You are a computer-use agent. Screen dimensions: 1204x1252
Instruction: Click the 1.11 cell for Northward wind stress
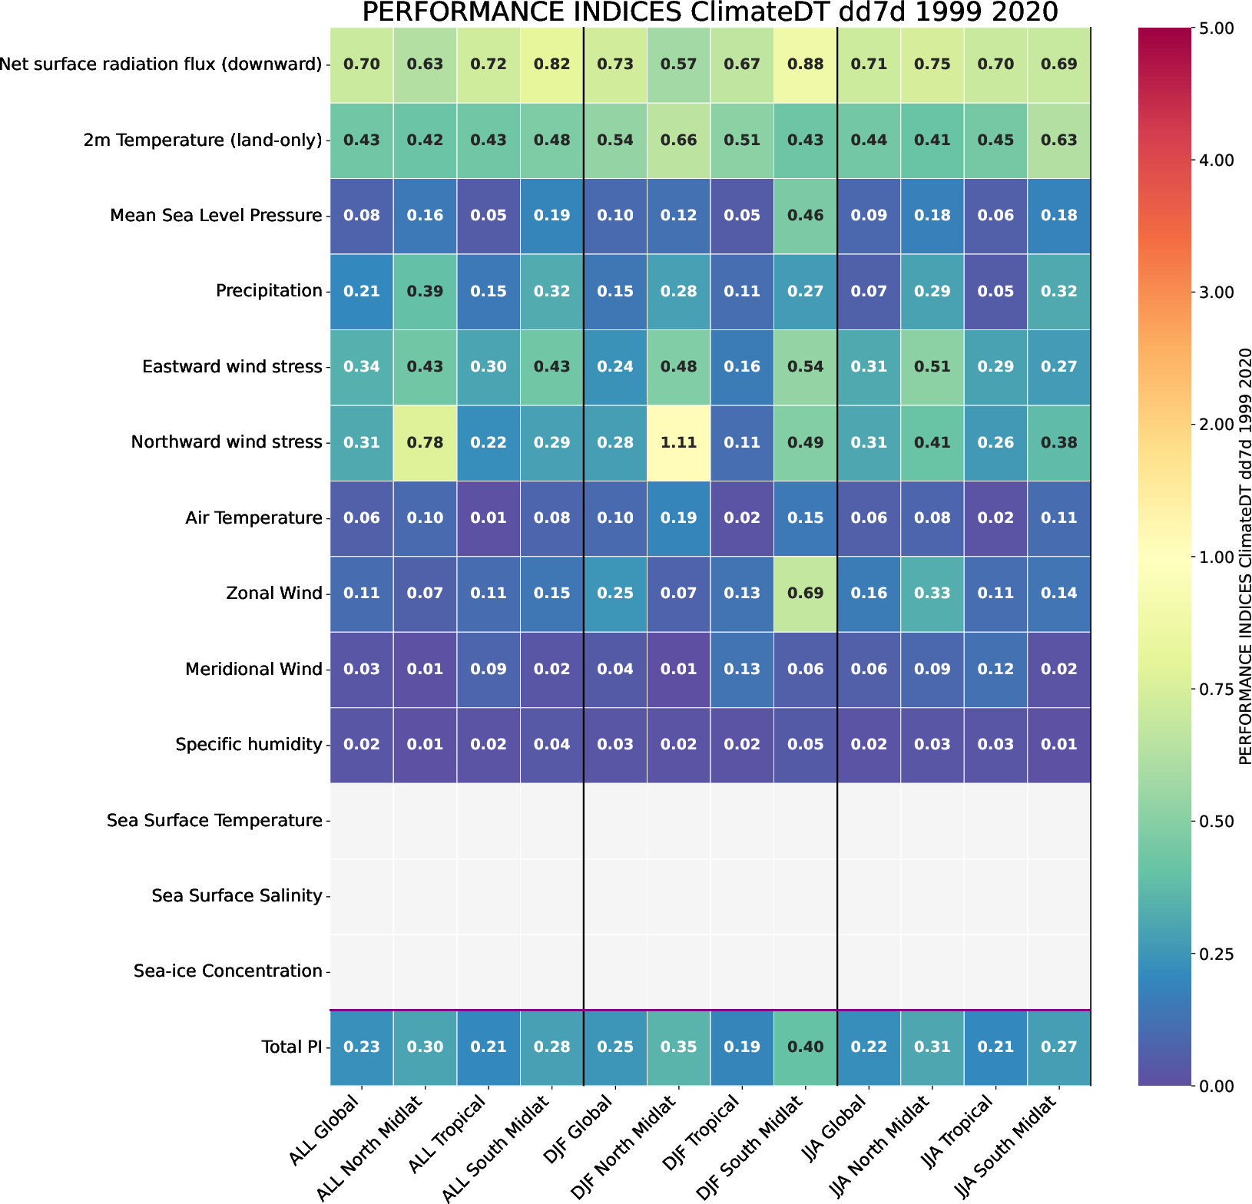[x=678, y=442]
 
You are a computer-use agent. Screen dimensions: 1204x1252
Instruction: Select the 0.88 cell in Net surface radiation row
[x=805, y=64]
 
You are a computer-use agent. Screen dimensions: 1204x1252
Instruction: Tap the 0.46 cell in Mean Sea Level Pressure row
[x=805, y=215]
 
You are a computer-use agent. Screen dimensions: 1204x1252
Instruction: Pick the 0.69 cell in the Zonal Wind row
[x=805, y=594]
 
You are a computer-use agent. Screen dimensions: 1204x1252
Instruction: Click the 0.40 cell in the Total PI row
[x=805, y=1047]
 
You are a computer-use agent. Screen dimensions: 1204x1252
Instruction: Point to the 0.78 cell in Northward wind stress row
[x=425, y=442]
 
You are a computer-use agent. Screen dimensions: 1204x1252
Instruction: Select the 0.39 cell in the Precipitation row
[x=425, y=291]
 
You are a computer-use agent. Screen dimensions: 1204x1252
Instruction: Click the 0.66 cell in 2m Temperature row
[x=678, y=140]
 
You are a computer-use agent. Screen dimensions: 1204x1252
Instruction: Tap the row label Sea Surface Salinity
[x=237, y=896]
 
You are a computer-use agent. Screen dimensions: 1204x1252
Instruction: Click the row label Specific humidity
[x=248, y=745]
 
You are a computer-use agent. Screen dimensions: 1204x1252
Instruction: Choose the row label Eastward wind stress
[x=232, y=367]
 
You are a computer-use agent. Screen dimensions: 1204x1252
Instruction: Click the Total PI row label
[x=291, y=1047]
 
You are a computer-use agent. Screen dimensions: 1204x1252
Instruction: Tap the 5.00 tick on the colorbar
[x=1215, y=28]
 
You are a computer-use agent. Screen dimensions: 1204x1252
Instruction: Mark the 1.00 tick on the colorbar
[x=1215, y=557]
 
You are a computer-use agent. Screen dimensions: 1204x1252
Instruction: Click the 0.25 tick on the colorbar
[x=1215, y=954]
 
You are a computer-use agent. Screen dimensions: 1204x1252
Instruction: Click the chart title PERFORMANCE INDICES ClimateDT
[x=710, y=13]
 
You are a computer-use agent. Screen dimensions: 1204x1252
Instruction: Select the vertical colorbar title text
[x=1246, y=556]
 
